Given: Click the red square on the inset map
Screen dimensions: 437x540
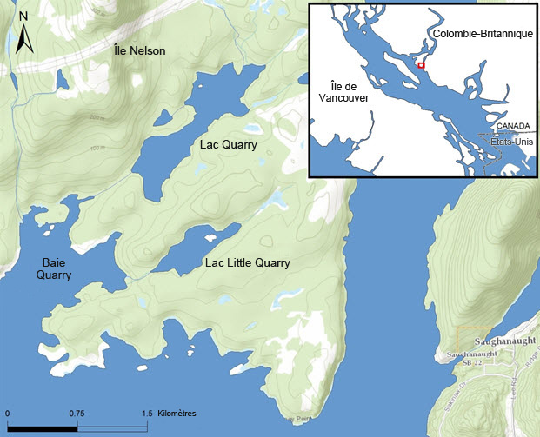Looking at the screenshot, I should tap(421, 65).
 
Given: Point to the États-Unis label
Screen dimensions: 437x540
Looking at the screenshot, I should tap(511, 140).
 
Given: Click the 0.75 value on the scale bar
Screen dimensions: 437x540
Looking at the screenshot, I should tap(76, 413).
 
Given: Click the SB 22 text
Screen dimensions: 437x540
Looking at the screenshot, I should tap(458, 362).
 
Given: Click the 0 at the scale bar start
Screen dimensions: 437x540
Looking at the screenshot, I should tap(8, 413).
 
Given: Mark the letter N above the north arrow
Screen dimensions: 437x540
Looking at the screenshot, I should tap(24, 17).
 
